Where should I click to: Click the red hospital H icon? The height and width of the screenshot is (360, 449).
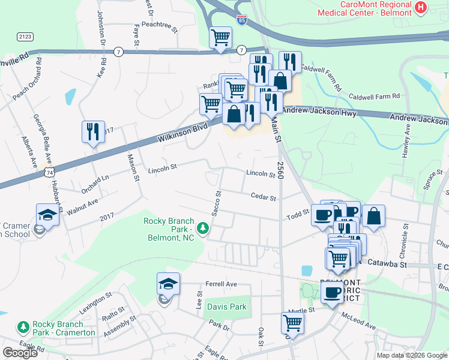421,8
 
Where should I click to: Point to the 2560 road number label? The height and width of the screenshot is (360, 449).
280,172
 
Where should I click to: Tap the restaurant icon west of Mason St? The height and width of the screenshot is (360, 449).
93,131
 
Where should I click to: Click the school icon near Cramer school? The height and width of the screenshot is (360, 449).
47,214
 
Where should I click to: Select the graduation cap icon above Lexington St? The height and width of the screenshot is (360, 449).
168,283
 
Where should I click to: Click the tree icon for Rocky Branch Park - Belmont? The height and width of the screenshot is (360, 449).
203,228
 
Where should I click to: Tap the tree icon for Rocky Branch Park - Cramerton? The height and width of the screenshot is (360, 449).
23,327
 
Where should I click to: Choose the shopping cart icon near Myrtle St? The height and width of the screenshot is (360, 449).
292,322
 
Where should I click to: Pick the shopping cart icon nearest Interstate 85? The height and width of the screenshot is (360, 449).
220,37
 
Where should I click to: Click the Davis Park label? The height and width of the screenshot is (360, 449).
227,307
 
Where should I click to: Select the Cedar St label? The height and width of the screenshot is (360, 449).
263,197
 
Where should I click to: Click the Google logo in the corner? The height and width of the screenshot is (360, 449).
20,352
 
